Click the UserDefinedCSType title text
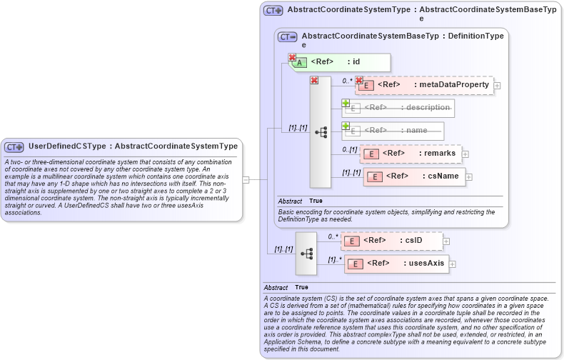133,146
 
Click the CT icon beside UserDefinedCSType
14,147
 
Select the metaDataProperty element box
425,85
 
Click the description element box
399,108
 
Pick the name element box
393,131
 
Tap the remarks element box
411,153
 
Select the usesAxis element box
396,264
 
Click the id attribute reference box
342,62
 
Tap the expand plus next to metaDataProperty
497,86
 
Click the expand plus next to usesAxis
453,264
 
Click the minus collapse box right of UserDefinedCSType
246,180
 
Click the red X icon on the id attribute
292,57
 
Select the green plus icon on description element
346,103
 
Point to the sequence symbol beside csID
306,253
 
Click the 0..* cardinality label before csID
333,236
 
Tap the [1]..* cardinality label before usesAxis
334,259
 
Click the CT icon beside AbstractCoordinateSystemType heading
273,11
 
